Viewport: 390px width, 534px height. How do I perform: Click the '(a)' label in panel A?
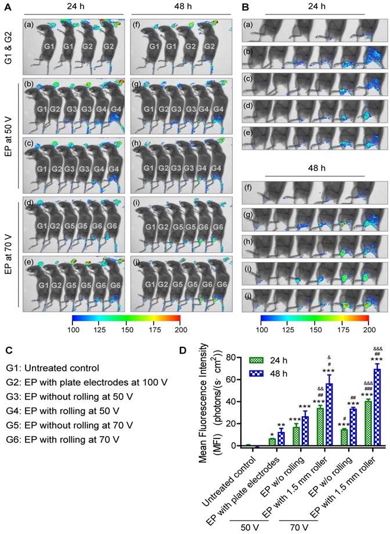click(29, 26)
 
